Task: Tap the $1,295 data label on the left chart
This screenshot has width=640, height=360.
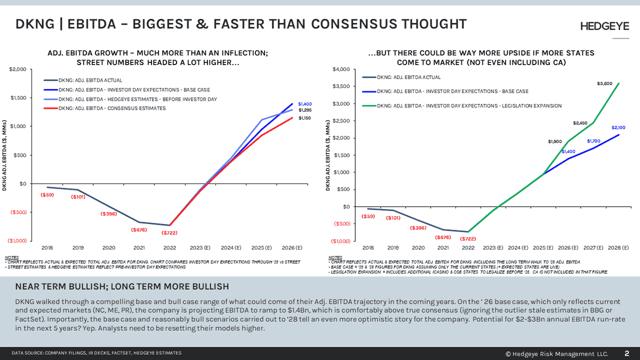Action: pyautogui.click(x=305, y=110)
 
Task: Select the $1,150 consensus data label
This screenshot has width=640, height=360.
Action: pyautogui.click(x=305, y=118)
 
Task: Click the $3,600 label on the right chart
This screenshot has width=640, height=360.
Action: pyautogui.click(x=604, y=84)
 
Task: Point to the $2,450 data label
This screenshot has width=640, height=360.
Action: pyautogui.click(x=580, y=123)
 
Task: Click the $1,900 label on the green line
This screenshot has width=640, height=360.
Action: pyautogui.click(x=555, y=142)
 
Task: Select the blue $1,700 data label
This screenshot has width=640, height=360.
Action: pyautogui.click(x=594, y=141)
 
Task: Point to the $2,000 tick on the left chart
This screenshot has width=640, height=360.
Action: pyautogui.click(x=18, y=70)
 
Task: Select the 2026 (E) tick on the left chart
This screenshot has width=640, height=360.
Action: pyautogui.click(x=292, y=248)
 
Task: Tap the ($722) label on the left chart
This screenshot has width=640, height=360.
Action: pyautogui.click(x=170, y=233)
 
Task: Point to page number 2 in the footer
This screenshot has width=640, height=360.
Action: pyautogui.click(x=626, y=353)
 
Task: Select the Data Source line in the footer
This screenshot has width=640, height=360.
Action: pyautogui.click(x=97, y=353)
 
